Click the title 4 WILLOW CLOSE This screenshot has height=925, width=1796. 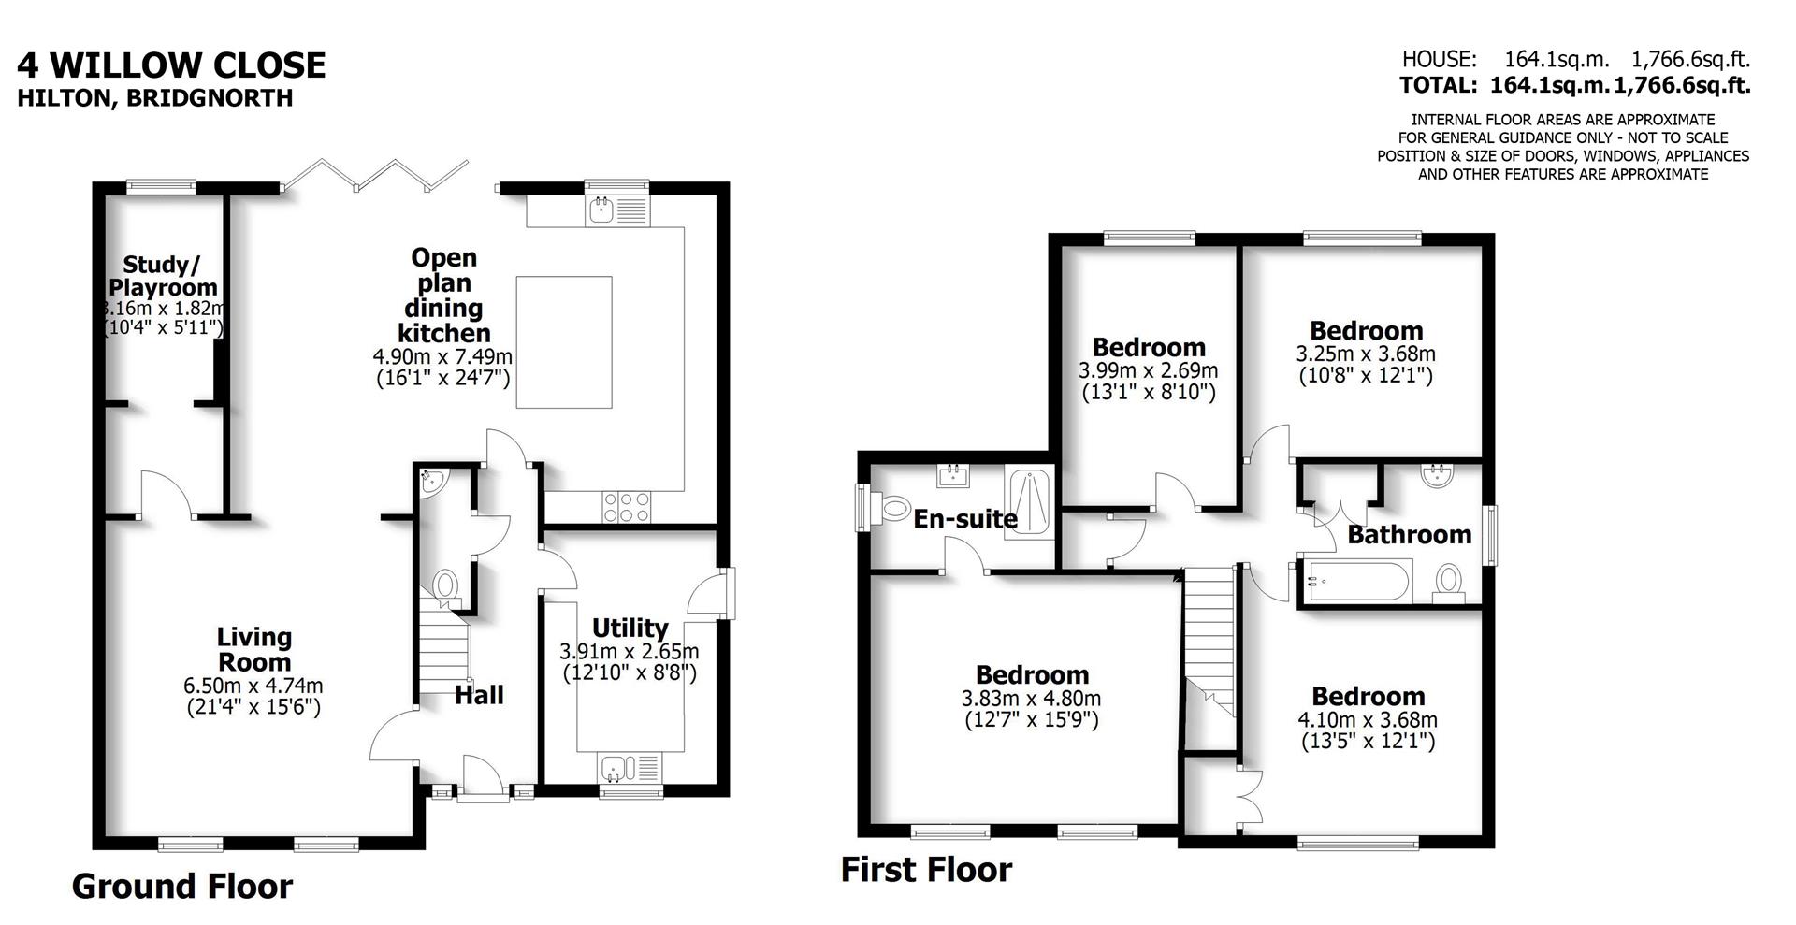(x=171, y=65)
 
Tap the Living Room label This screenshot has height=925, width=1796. (x=253, y=649)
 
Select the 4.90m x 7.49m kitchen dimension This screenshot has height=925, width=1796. (x=442, y=356)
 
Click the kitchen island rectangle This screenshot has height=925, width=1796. (x=564, y=341)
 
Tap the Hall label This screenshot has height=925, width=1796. (x=479, y=695)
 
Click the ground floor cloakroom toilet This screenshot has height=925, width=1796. (x=446, y=586)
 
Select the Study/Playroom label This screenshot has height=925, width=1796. (x=163, y=276)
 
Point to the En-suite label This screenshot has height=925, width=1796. (x=964, y=518)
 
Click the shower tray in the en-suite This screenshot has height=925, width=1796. (x=1029, y=502)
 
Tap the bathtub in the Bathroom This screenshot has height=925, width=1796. (x=1355, y=581)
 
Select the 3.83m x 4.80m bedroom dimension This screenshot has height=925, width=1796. (x=1031, y=699)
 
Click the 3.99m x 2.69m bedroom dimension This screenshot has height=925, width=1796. (x=1148, y=371)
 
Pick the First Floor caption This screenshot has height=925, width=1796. (x=925, y=870)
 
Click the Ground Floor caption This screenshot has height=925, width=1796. (x=181, y=886)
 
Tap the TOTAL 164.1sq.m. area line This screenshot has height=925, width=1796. (x=1574, y=86)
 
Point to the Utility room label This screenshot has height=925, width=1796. (x=630, y=628)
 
